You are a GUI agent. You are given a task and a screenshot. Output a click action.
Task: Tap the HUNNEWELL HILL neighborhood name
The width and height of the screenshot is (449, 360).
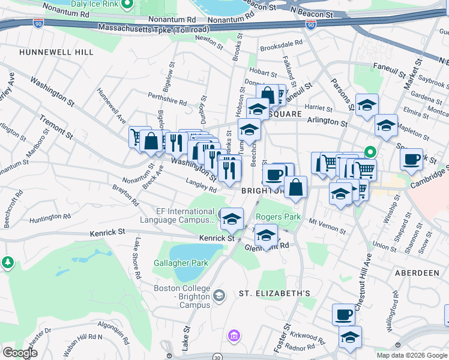56,52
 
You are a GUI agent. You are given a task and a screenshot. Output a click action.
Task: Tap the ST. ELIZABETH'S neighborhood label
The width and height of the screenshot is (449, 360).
274,293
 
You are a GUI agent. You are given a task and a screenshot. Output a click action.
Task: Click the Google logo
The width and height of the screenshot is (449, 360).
19,353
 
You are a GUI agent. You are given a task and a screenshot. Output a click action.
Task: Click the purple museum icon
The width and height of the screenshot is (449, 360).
234,334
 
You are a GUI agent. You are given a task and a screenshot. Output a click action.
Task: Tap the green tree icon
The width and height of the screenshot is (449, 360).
7,262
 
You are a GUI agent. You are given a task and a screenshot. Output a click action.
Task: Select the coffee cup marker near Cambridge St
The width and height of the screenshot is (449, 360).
411,159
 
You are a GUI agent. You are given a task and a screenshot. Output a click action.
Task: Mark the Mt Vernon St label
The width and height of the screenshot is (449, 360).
327,226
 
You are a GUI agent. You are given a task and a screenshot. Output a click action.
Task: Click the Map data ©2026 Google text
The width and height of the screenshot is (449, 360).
411,355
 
